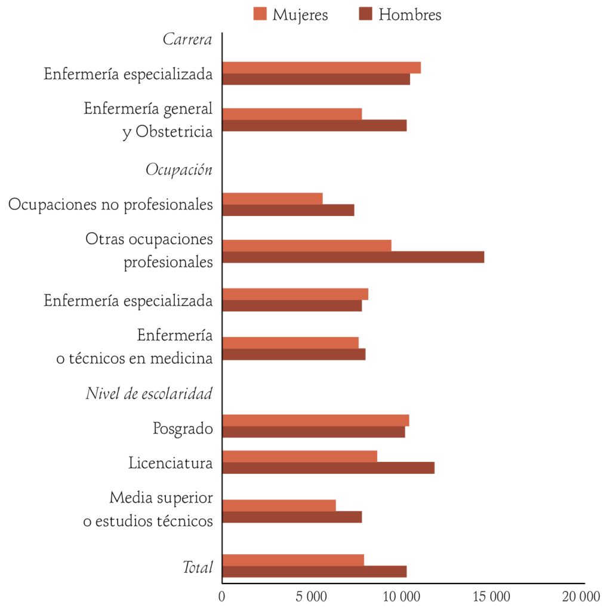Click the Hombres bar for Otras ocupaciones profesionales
[x=353, y=257]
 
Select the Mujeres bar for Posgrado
[x=315, y=420]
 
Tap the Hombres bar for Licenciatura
[x=328, y=468]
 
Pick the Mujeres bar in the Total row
[x=292, y=560]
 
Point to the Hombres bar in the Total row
[x=314, y=572]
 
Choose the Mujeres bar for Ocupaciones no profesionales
[x=272, y=199]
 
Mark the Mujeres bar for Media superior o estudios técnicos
[x=279, y=505]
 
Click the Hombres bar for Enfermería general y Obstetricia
[x=314, y=125]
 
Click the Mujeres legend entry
[x=291, y=14]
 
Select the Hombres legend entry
[x=400, y=14]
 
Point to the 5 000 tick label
[x=313, y=596]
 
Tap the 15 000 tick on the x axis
[x=494, y=596]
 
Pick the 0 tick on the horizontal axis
[x=222, y=596]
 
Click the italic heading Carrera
[x=187, y=40]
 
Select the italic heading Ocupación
[x=179, y=169]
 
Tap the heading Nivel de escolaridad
[x=149, y=394]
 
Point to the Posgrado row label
[x=183, y=428]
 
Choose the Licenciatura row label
[x=171, y=462]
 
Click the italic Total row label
[x=198, y=567]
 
